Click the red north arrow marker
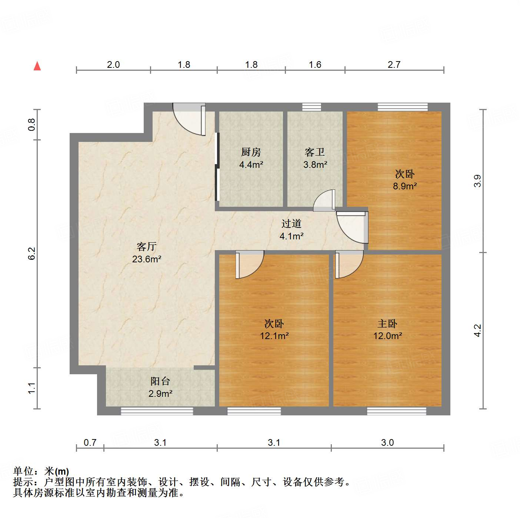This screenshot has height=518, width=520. click(37, 66)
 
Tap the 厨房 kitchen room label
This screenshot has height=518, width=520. click(251, 152)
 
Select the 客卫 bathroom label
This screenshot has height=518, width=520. click(315, 152)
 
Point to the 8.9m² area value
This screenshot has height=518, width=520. click(404, 186)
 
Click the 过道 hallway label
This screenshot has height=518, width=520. click(291, 223)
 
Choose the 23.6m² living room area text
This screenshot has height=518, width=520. click(147, 259)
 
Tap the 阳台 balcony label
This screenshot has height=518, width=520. click(160, 381)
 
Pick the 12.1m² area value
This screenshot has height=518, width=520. click(274, 336)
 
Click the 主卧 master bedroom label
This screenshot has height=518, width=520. click(387, 323)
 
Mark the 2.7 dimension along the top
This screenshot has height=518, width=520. click(394, 64)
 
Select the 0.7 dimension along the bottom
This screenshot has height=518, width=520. click(90, 442)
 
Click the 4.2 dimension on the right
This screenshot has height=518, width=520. click(478, 330)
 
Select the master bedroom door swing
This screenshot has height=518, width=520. click(348, 264)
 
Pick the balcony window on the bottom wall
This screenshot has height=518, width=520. click(157, 411)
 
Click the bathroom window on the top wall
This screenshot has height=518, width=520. click(311, 107)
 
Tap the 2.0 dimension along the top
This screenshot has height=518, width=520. click(113, 64)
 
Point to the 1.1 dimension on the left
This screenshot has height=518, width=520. click(32, 388)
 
